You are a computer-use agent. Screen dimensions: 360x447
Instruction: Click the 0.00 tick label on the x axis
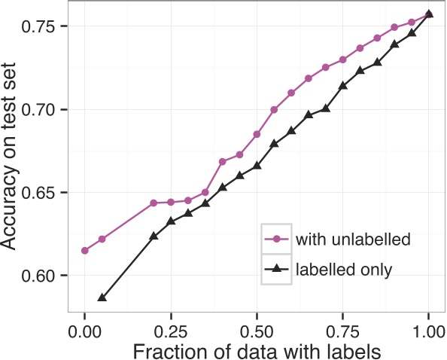(85, 329)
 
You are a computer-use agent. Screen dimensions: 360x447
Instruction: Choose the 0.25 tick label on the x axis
(171, 329)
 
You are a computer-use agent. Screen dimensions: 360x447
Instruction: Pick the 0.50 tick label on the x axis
(257, 329)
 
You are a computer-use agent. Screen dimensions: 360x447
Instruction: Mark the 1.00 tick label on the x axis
(428, 329)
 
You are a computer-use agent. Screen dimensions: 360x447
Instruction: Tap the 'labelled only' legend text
(333, 267)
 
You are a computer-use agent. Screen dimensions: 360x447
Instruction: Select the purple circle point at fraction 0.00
(85, 251)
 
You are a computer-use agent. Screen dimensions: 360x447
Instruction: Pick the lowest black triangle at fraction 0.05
(102, 297)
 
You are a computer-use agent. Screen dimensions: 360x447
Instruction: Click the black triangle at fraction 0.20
(154, 236)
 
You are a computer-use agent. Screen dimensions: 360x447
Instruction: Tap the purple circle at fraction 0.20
(154, 203)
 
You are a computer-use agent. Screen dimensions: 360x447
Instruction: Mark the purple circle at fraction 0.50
(257, 134)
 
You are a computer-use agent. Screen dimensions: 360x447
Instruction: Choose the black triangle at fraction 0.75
(342, 86)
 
